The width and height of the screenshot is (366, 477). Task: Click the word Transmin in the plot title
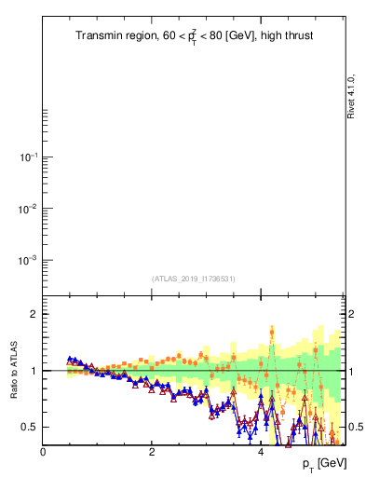point(99,36)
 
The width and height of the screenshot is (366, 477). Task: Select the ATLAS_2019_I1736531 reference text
point(194,279)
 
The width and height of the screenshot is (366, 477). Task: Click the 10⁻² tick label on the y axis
point(27,209)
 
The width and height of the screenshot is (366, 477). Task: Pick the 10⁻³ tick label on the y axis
point(27,260)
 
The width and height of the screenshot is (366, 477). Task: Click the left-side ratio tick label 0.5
point(28,428)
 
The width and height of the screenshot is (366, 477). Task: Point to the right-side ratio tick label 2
point(354,314)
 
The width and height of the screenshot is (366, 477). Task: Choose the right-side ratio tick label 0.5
point(358,428)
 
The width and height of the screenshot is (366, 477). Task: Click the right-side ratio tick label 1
point(354,371)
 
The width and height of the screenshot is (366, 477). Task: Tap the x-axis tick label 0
point(43,452)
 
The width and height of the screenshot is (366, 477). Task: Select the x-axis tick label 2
point(152,452)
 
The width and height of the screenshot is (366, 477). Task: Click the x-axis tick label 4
point(261,452)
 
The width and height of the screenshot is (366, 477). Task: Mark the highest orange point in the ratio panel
point(272,330)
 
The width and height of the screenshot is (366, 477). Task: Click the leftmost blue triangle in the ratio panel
point(70,359)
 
